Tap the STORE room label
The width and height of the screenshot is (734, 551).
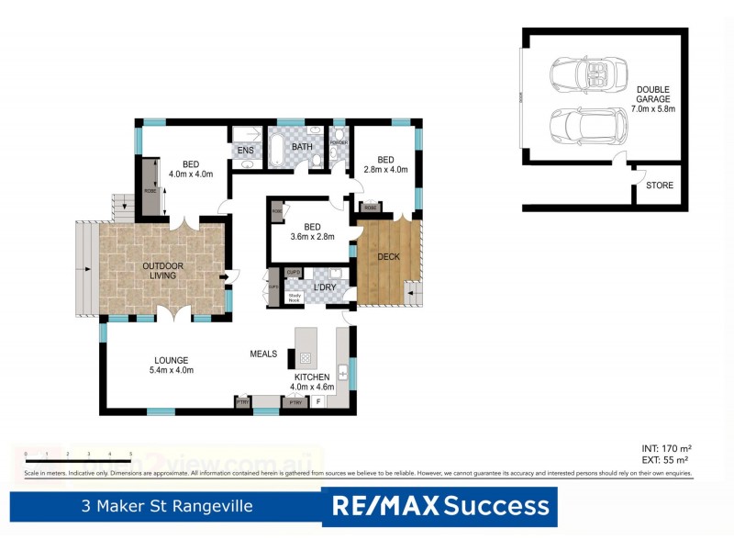(x=659, y=186)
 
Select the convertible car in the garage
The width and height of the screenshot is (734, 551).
(x=587, y=73)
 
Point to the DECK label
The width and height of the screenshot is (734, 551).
(x=388, y=256)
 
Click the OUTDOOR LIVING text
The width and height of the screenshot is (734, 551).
(x=162, y=272)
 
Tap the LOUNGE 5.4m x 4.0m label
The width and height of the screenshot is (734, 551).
(x=172, y=365)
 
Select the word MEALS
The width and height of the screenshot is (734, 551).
(x=263, y=354)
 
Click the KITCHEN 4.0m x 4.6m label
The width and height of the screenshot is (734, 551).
(x=311, y=382)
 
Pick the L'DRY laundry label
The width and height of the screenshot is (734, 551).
(x=325, y=288)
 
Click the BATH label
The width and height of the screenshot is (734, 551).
(x=302, y=147)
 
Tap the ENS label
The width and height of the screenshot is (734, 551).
(x=245, y=151)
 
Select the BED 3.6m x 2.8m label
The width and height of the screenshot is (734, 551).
(x=312, y=231)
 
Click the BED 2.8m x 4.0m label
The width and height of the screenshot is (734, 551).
(x=385, y=163)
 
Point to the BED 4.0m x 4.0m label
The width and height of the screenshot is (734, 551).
(x=191, y=168)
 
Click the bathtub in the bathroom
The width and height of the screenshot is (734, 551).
(x=275, y=150)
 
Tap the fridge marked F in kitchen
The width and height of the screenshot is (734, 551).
(x=318, y=401)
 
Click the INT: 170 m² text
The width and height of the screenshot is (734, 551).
(x=665, y=448)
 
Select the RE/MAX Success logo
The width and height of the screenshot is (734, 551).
(x=439, y=505)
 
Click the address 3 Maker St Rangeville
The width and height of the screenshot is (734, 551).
(x=166, y=506)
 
